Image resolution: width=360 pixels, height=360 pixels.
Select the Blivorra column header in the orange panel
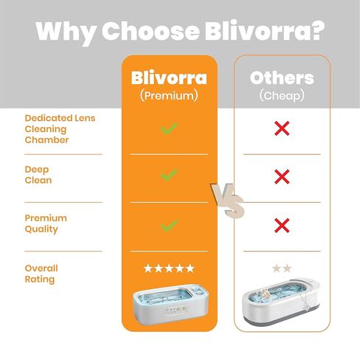tap(169, 78)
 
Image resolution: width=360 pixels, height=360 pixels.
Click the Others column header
tap(282, 78)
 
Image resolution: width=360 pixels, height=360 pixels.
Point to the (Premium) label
tap(169, 96)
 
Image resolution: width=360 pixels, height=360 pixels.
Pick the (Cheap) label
tap(282, 96)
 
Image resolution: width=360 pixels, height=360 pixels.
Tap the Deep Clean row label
tap(38, 174)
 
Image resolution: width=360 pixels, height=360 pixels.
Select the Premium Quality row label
tap(45, 224)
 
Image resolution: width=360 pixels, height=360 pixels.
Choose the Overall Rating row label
tap(41, 274)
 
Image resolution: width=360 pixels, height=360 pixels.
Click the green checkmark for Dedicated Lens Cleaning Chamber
tap(169, 128)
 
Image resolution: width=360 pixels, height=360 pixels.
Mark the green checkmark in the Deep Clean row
tap(169, 175)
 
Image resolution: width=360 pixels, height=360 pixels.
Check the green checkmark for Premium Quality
tap(169, 224)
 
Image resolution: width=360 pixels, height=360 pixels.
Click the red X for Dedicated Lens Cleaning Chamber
tap(281, 128)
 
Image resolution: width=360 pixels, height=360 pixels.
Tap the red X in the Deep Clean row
tap(281, 176)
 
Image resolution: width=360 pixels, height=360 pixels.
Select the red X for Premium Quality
tap(281, 224)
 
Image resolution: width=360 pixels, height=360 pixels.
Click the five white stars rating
tap(169, 269)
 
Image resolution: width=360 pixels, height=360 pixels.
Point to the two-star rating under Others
tap(281, 269)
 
